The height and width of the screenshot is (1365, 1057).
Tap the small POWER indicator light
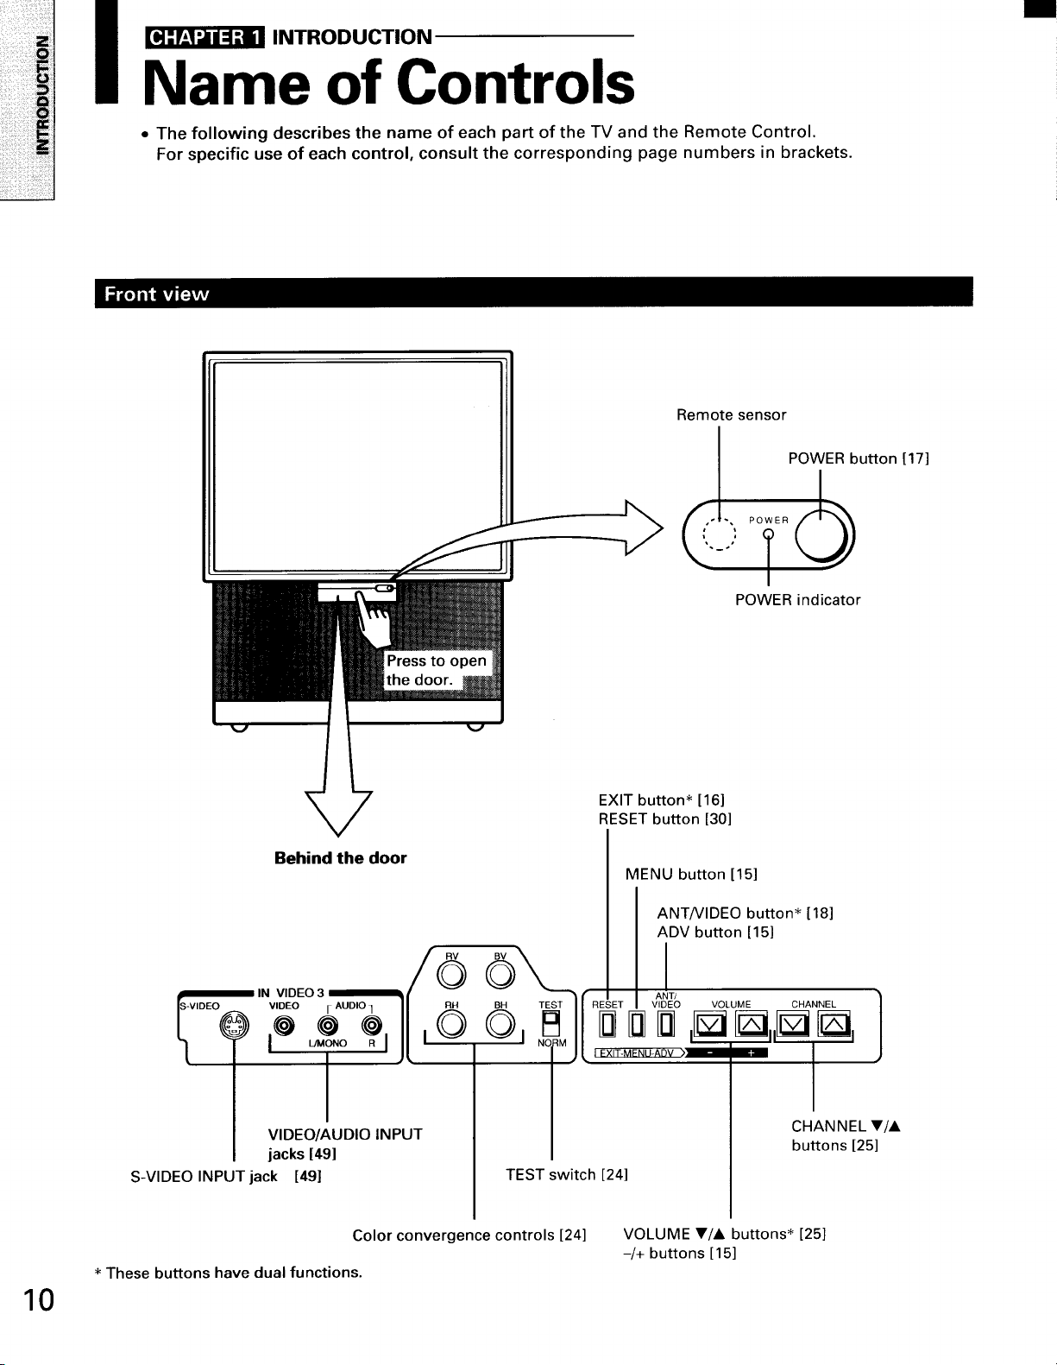(x=768, y=534)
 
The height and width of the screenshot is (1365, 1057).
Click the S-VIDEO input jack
(x=234, y=1026)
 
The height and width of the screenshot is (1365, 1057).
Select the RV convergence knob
(x=451, y=975)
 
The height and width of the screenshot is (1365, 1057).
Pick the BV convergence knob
(x=500, y=975)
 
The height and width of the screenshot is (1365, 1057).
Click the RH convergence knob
(x=451, y=1025)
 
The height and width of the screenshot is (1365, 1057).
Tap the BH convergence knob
(x=500, y=1025)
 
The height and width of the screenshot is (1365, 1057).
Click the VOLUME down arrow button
(x=710, y=1025)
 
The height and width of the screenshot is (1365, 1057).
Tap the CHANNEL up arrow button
(x=834, y=1025)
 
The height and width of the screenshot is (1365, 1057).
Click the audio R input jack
(x=372, y=1026)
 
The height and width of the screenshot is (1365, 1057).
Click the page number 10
(x=38, y=1299)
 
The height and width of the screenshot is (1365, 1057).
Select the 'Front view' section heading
(x=156, y=294)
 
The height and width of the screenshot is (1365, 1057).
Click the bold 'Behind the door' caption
(x=340, y=858)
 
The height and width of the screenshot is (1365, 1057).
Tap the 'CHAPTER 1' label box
(x=204, y=38)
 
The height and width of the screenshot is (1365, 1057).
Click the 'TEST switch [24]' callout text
(x=567, y=1175)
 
